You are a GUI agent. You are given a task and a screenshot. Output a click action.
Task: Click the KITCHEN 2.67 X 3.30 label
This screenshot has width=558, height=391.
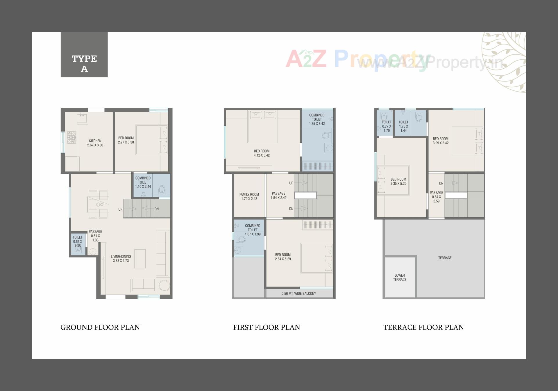pyautogui.click(x=95, y=143)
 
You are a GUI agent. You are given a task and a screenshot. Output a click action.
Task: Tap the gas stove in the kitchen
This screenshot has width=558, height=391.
pyautogui.click(x=71, y=138)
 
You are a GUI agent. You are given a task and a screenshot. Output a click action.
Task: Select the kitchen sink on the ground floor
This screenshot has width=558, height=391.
pyautogui.click(x=82, y=118)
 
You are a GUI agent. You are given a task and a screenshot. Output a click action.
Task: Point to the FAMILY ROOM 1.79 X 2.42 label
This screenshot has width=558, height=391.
pyautogui.click(x=249, y=197)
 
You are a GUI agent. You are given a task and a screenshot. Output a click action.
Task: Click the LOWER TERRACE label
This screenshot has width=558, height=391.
pyautogui.click(x=400, y=278)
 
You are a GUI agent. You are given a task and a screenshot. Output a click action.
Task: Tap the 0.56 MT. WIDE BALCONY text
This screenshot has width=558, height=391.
pyautogui.click(x=298, y=294)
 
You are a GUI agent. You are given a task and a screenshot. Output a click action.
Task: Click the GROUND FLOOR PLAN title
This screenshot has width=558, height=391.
pyautogui.click(x=100, y=327)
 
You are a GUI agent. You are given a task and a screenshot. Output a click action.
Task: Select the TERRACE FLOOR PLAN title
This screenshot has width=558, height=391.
pyautogui.click(x=423, y=327)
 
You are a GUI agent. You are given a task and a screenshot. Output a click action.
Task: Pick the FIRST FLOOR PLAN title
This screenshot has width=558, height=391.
pyautogui.click(x=267, y=327)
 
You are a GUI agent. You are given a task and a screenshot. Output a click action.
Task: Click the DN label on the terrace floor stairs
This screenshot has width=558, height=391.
pyautogui.click(x=441, y=183)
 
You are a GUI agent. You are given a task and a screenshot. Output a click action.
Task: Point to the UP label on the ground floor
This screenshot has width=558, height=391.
pyautogui.click(x=120, y=209)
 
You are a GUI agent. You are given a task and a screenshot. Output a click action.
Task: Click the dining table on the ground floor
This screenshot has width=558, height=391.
pyautogui.click(x=99, y=204)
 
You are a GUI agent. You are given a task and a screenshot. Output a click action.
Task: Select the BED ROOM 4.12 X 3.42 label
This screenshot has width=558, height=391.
pyautogui.click(x=262, y=153)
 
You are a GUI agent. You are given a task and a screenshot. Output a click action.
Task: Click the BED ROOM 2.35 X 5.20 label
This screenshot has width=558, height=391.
pyautogui.click(x=398, y=182)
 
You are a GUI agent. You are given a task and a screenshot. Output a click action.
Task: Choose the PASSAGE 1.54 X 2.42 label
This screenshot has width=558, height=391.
pyautogui.click(x=278, y=195)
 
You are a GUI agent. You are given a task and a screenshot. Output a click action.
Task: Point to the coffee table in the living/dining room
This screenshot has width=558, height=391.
pyautogui.click(x=140, y=258)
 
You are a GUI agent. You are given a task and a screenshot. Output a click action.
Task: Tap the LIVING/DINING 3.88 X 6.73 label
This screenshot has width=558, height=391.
pyautogui.click(x=121, y=258)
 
